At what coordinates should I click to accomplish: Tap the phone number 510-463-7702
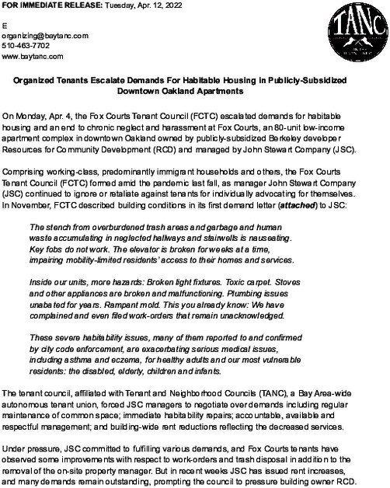pyautogui.click(x=26, y=46)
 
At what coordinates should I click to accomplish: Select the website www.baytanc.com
pyautogui.click(x=32, y=56)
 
